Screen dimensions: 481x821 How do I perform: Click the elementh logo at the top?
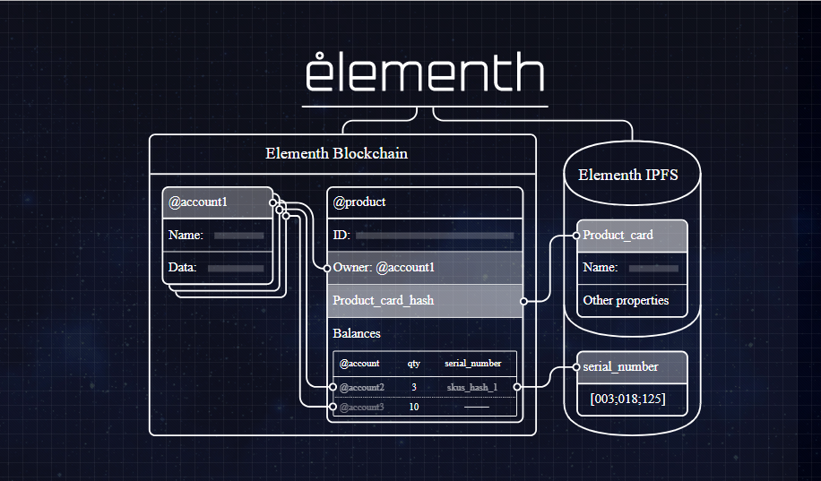click(425, 73)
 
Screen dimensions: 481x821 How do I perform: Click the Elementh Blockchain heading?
click(336, 153)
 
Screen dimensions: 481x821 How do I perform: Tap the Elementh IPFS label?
click(627, 175)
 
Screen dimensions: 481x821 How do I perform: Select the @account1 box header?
click(199, 202)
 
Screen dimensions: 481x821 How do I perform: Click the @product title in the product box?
click(359, 202)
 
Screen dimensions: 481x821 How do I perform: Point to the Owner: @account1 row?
click(384, 267)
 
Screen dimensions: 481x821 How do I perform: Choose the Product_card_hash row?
click(384, 301)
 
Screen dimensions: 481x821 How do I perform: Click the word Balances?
click(357, 333)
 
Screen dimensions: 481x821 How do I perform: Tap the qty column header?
click(414, 364)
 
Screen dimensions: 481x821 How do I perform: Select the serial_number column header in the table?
click(472, 364)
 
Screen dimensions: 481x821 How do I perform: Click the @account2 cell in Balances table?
click(362, 387)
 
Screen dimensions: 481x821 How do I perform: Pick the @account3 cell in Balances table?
click(362, 408)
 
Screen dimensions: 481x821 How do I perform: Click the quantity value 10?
click(414, 408)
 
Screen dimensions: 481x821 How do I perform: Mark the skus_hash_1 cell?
click(472, 387)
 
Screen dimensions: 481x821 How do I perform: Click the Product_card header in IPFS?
click(618, 236)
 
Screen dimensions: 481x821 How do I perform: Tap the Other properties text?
click(626, 300)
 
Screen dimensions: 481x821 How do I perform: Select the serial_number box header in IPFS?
click(620, 366)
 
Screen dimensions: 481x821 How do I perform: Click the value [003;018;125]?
click(627, 398)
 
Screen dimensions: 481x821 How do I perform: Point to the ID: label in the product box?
click(341, 236)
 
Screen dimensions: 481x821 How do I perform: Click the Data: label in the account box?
click(183, 267)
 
